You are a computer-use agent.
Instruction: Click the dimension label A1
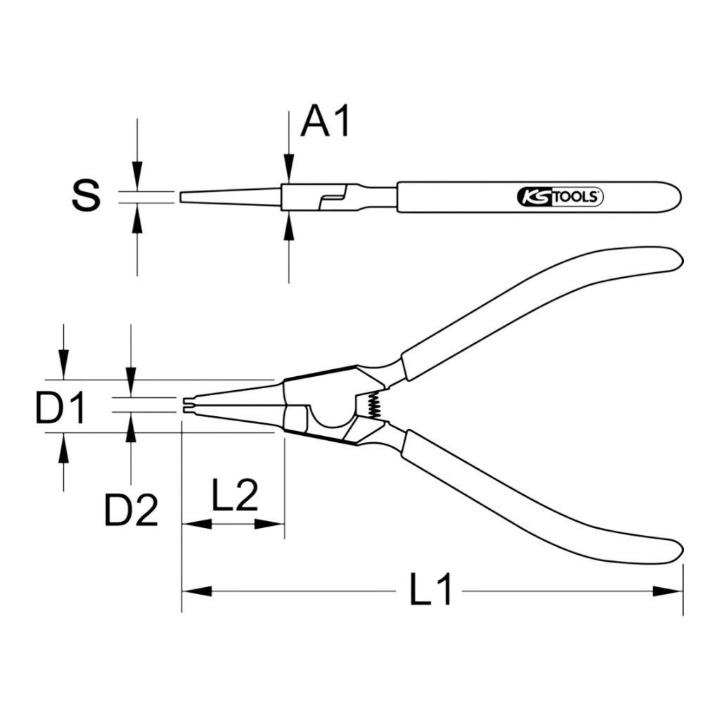coord(325,121)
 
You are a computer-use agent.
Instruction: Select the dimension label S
coord(86,195)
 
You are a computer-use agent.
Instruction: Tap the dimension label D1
coord(60,407)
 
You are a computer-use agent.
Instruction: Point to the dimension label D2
coord(131,510)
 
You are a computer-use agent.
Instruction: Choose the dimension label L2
coord(235,495)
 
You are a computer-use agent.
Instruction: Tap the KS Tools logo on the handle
coord(560,197)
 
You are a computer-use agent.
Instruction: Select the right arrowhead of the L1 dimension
coord(668,591)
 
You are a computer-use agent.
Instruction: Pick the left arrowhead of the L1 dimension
coord(197,591)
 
